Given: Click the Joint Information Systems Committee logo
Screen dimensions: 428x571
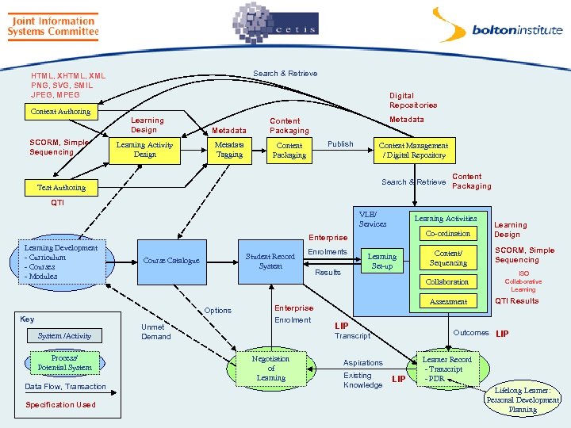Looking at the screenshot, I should click(x=53, y=25).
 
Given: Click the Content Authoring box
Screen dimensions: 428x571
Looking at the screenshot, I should click(x=60, y=112).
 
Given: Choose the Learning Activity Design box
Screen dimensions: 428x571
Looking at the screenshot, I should click(x=144, y=150).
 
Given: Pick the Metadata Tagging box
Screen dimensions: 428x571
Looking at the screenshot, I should click(x=229, y=150).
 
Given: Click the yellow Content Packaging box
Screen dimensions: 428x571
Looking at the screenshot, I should click(x=289, y=151).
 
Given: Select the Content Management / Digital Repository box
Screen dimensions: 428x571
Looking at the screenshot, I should click(x=413, y=151).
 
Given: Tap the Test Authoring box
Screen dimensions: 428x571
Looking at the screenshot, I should click(x=61, y=188).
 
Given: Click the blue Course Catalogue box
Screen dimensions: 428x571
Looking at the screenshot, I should click(x=171, y=261).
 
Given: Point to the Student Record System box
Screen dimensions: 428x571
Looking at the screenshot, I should click(x=270, y=262).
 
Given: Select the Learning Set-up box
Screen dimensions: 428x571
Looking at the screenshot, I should click(x=381, y=262).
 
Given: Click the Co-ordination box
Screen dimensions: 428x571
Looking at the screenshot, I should click(x=448, y=234).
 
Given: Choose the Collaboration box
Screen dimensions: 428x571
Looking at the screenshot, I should click(x=448, y=282).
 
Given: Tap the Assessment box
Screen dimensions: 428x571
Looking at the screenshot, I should click(x=448, y=302).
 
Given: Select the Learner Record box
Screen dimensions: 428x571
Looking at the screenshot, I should click(x=446, y=369).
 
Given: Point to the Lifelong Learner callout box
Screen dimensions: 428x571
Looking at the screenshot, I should click(x=523, y=400).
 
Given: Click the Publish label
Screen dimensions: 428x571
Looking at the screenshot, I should click(x=340, y=144).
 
